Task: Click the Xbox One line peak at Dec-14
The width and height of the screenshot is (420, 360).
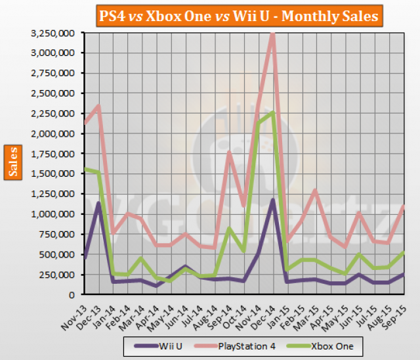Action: [x=272, y=112]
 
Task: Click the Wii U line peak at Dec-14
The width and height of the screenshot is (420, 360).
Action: [x=272, y=200]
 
